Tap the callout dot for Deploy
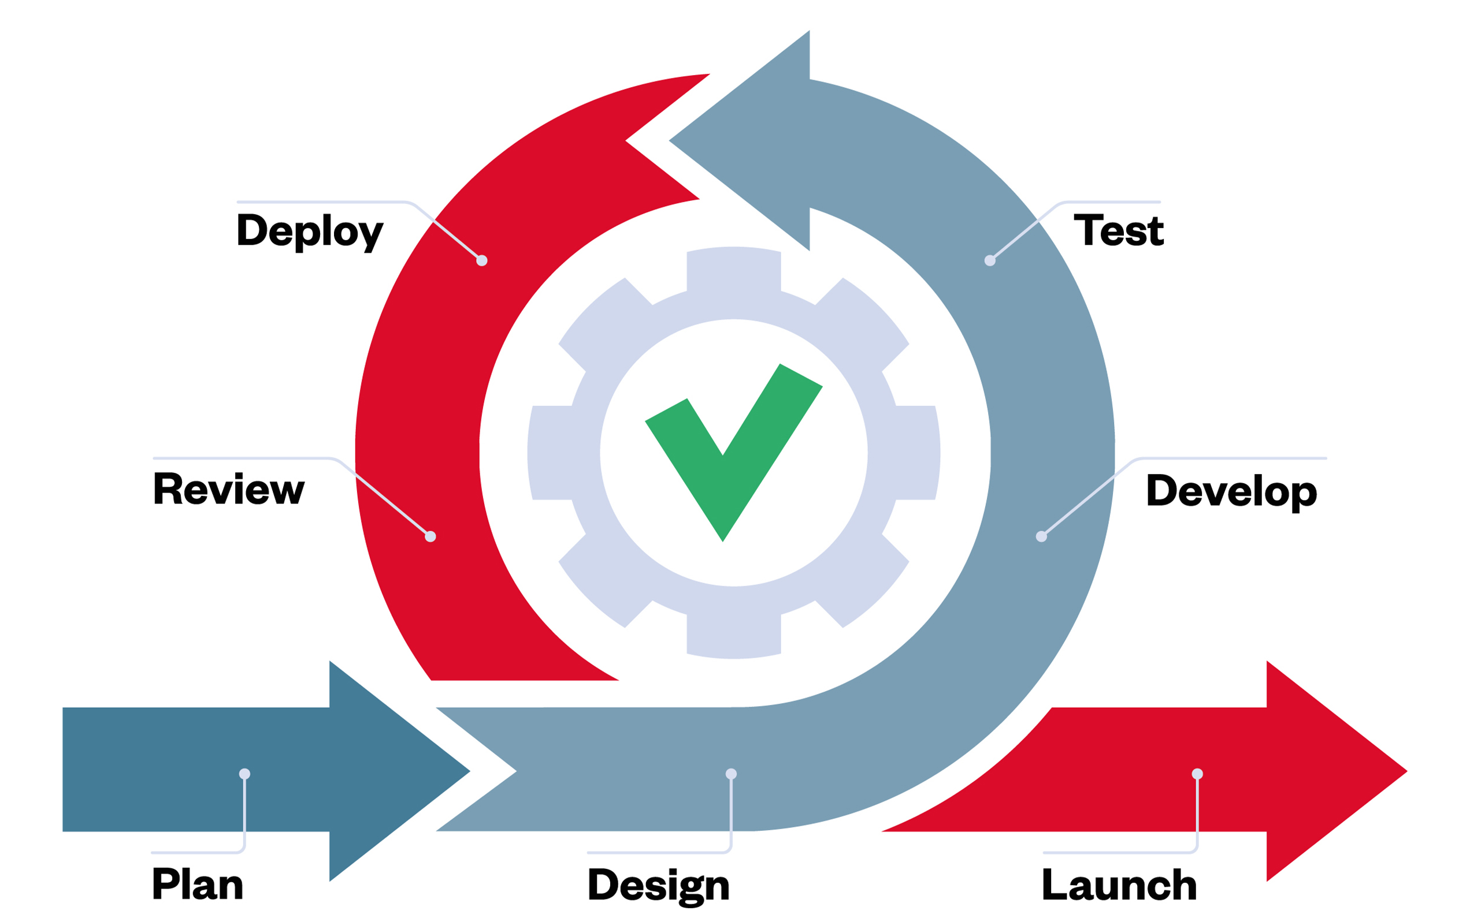tap(482, 260)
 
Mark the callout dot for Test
tap(989, 260)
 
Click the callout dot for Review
tap(430, 536)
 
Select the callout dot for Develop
tap(1041, 536)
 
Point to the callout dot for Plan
tap(245, 774)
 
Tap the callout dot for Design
tap(731, 774)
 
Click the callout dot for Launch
tap(1197, 774)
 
